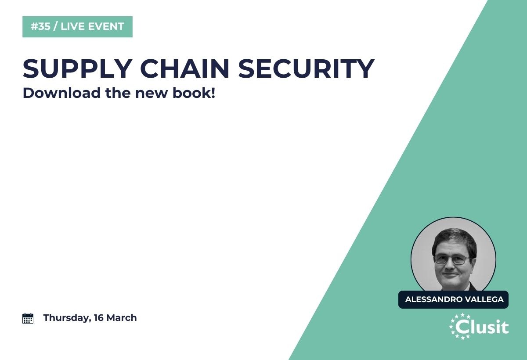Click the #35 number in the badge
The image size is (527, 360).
40,26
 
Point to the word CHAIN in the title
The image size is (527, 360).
185,68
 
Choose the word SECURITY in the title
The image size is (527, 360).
307,68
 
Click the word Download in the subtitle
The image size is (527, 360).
61,93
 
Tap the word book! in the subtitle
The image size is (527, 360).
194,93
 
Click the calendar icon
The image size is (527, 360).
28,318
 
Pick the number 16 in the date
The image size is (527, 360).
98,318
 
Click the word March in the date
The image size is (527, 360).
121,318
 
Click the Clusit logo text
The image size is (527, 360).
482,327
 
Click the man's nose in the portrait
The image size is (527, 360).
450,265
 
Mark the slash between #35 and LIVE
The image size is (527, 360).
55,26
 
